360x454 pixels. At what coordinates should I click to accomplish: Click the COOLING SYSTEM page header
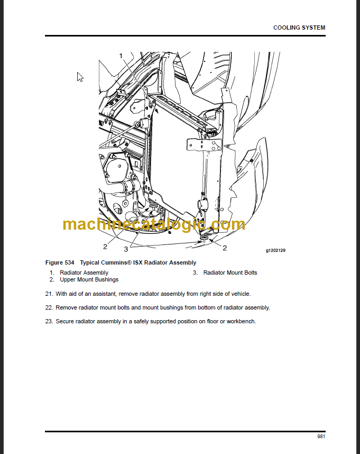[299, 28]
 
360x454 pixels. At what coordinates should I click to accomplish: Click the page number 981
[321, 437]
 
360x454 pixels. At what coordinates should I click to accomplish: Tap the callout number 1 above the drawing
[121, 56]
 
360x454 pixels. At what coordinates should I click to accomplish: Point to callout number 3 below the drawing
[126, 249]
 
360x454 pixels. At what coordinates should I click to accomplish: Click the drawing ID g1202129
[275, 250]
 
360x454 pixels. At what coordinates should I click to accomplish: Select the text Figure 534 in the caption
[59, 262]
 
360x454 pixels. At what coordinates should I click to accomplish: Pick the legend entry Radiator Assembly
[84, 273]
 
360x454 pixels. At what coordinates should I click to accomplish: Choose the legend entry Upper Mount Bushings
[89, 279]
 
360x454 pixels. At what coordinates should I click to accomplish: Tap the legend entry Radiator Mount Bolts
[230, 273]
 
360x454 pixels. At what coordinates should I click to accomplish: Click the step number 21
[49, 294]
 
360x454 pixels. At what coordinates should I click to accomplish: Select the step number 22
[49, 307]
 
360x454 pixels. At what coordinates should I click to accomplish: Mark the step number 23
[49, 321]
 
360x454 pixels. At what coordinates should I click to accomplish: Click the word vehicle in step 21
[240, 294]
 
